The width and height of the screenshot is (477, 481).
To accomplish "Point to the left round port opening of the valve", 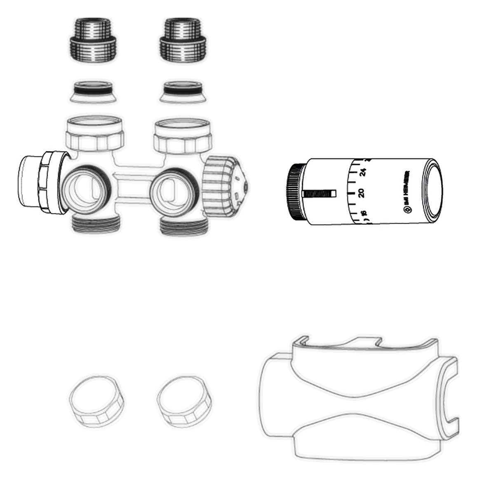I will pos(87,187).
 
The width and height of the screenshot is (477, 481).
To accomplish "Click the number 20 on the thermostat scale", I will pos(362,192).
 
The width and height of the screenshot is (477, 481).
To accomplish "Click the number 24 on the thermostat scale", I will pos(363,172).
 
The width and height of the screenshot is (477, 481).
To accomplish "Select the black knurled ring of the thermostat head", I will pos(295,192).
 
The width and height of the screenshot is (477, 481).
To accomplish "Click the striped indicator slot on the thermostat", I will pos(319,193).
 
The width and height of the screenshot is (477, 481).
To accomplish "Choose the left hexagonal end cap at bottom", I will pos(95,400).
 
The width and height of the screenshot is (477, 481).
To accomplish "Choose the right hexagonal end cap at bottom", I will pos(185,400).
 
